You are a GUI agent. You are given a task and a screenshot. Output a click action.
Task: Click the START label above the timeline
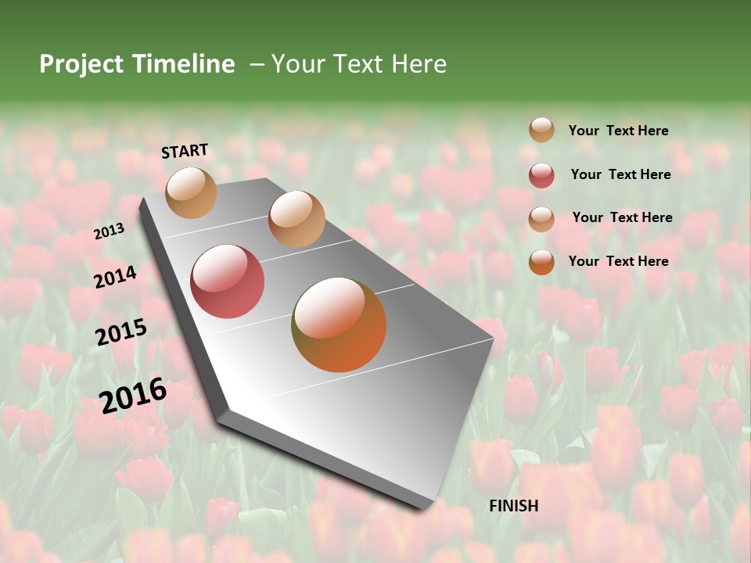click(185, 151)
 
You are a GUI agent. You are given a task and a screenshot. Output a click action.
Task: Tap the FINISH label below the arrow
click(513, 506)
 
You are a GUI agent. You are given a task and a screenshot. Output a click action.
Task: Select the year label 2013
click(109, 231)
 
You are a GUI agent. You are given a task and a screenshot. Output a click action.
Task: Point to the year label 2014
click(116, 277)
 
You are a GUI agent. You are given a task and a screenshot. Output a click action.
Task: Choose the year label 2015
click(121, 332)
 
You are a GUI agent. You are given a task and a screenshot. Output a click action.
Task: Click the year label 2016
click(133, 395)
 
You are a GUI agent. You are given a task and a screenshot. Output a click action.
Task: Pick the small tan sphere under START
click(192, 192)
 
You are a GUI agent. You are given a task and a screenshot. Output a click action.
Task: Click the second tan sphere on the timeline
click(296, 219)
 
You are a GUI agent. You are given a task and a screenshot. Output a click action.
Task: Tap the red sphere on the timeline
click(228, 281)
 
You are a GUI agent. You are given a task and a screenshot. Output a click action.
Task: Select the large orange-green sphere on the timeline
click(339, 325)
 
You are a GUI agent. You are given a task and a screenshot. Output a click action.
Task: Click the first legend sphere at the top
click(541, 130)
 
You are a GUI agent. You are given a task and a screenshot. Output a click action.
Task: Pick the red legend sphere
click(541, 174)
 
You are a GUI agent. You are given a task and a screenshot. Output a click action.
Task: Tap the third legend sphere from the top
click(541, 218)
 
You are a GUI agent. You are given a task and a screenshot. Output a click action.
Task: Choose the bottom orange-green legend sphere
click(541, 261)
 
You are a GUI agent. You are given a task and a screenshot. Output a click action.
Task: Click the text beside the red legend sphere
click(620, 174)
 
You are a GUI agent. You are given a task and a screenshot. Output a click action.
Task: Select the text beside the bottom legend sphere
click(618, 261)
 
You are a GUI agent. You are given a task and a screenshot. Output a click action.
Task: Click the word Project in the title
click(82, 65)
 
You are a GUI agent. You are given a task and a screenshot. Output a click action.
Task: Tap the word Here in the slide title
click(419, 64)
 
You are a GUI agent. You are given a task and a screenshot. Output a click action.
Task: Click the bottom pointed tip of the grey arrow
click(426, 508)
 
